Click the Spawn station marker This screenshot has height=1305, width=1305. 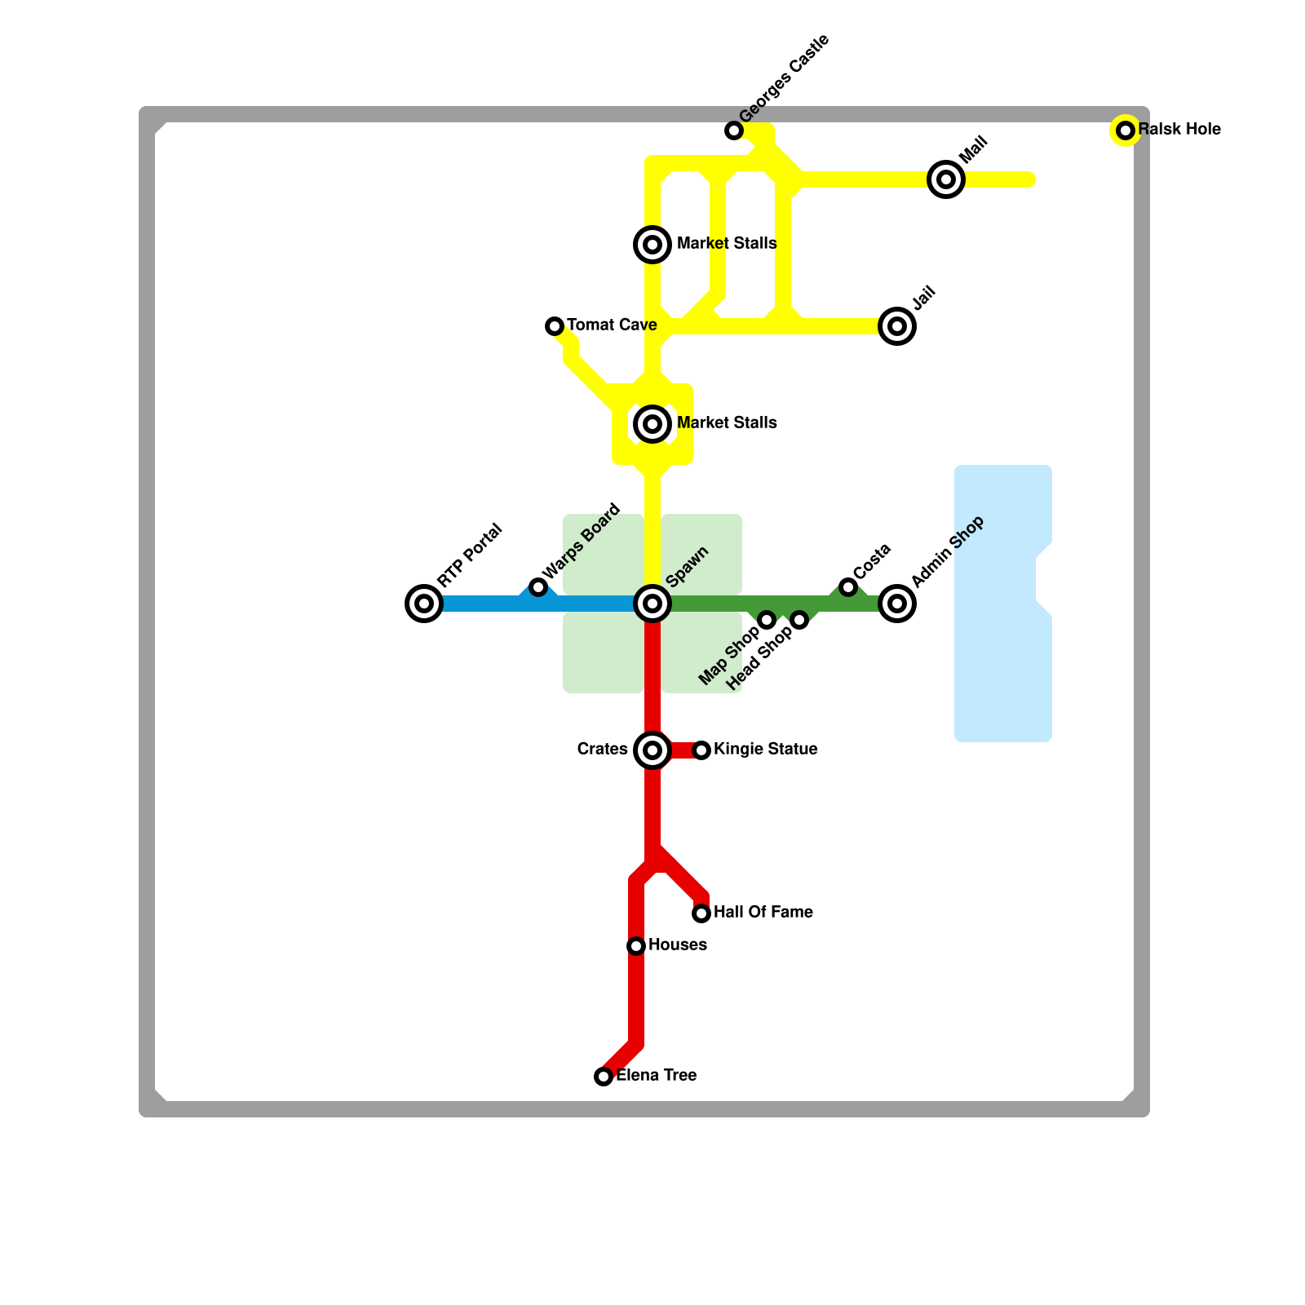pos(652,604)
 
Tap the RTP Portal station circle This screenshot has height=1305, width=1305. pos(424,604)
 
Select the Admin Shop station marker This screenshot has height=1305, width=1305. pos(897,604)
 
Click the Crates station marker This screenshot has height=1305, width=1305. pos(652,750)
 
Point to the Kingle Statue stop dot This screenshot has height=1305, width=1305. pos(701,750)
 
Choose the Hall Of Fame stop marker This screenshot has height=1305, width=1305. pos(701,913)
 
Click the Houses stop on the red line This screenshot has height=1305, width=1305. pos(636,946)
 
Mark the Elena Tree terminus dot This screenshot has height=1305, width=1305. pos(604,1077)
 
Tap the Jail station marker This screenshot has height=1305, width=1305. pos(897,326)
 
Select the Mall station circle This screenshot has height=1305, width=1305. pos(946,179)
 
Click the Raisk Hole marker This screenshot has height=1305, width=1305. pos(1126,130)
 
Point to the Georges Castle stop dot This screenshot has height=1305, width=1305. pos(734,130)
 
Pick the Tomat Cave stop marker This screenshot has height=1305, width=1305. pos(555,326)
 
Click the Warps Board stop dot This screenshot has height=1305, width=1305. pos(538,587)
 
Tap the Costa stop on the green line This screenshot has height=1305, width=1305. pos(848,587)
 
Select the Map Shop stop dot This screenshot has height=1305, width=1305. pos(767,620)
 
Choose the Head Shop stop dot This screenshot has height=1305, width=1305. pos(799,620)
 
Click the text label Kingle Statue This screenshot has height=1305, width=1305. pos(765,750)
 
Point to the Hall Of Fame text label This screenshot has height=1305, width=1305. pos(763,913)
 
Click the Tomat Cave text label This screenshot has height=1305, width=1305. pos(612,325)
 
